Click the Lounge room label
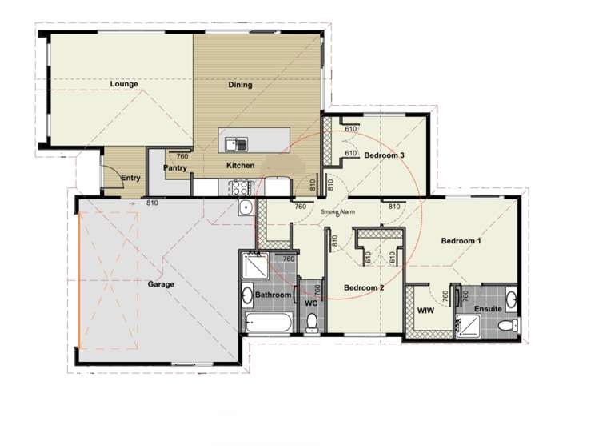click(x=124, y=83)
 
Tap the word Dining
click(x=240, y=85)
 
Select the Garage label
click(x=161, y=283)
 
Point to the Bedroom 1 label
click(x=461, y=240)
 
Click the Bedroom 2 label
click(x=365, y=287)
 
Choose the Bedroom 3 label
click(x=385, y=155)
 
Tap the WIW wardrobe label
click(x=425, y=311)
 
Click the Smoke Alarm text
click(x=338, y=212)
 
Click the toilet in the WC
click(x=312, y=322)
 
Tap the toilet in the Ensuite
click(x=505, y=325)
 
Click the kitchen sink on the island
click(x=236, y=144)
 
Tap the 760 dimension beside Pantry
click(x=182, y=156)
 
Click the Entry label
click(x=130, y=179)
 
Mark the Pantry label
click(x=175, y=168)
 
